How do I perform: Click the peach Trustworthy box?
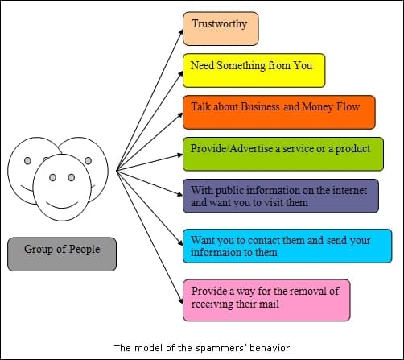click(x=221, y=28)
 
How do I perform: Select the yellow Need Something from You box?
click(x=254, y=70)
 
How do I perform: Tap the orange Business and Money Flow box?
click(x=279, y=112)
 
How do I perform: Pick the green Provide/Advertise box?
click(x=283, y=154)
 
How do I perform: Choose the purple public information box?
click(x=281, y=196)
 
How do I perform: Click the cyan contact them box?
click(x=287, y=246)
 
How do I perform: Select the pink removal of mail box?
click(x=266, y=300)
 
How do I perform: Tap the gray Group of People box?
click(x=62, y=254)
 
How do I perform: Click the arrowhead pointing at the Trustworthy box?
click(x=181, y=31)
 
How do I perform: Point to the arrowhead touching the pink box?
click(x=181, y=300)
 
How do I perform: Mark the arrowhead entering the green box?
click(x=179, y=155)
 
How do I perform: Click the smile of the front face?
click(x=62, y=205)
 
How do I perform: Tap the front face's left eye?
click(x=53, y=177)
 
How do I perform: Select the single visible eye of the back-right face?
click(x=89, y=161)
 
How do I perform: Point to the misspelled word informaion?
click(x=234, y=253)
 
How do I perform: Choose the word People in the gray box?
click(x=85, y=250)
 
